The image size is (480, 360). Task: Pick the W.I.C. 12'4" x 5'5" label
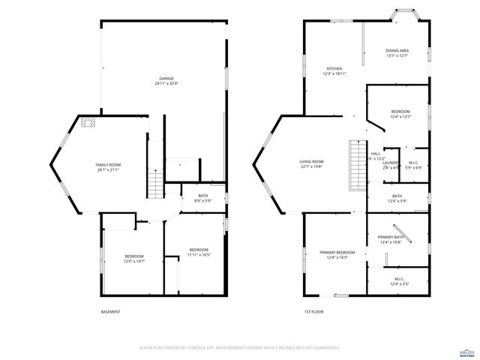pyautogui.click(x=398, y=281)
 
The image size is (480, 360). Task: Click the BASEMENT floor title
pyautogui.click(x=110, y=312)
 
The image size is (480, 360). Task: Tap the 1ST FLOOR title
pyautogui.click(x=313, y=312)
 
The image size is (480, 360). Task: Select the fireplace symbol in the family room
pyautogui.click(x=89, y=123)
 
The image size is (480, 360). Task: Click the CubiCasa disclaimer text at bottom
pyautogui.click(x=240, y=348)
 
